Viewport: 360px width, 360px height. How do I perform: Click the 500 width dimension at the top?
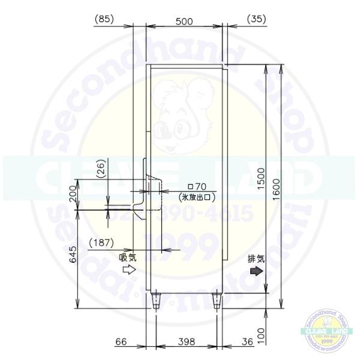[x=184, y=21]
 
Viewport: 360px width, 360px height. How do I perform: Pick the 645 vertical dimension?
[x=73, y=259]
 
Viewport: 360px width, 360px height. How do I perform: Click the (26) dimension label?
[x=101, y=169]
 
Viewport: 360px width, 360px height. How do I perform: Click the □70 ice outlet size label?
[x=197, y=187]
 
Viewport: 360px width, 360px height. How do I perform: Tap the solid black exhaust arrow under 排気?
[x=256, y=271]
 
